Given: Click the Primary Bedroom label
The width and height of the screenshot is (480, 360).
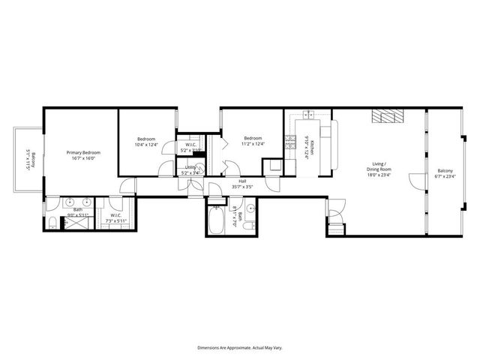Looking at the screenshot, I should tap(82, 152).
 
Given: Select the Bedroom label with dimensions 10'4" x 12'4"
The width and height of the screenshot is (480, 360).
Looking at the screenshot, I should tap(146, 139).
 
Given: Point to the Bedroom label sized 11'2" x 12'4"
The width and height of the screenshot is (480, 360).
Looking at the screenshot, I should tap(252, 139).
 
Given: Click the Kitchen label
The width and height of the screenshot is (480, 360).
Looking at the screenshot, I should tap(313, 144).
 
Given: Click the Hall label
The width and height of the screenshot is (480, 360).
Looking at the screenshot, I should tap(242, 181).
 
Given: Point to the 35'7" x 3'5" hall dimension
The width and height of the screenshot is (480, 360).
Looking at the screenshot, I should tap(242, 186).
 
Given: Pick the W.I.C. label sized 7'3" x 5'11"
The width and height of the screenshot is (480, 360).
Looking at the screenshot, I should tap(116, 216).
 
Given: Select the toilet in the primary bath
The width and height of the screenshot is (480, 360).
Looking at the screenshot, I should tap(51, 225).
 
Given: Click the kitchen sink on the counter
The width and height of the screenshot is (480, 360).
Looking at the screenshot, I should tap(308, 115).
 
